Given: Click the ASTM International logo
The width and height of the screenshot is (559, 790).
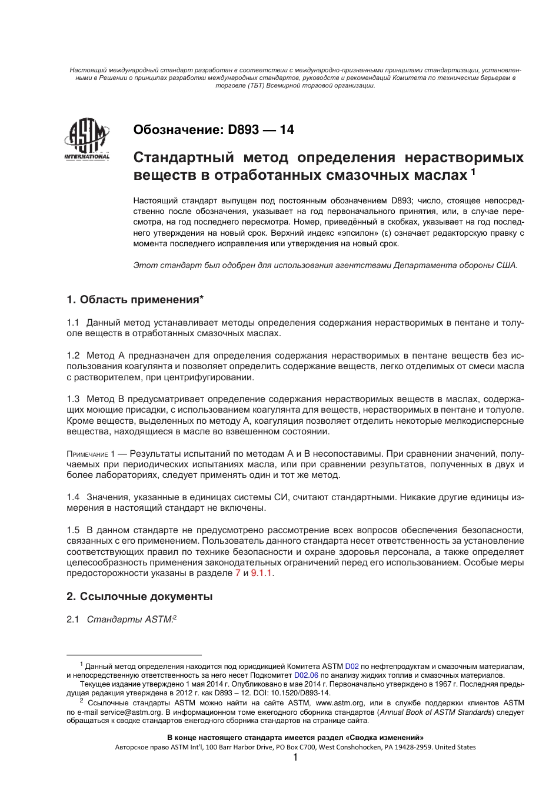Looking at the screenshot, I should point(86,140).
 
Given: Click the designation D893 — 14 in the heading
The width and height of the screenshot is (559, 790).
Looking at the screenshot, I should point(259,130).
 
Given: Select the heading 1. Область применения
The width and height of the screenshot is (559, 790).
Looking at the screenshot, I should point(135,300).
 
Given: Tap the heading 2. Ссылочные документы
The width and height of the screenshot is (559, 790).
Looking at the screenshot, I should point(139,597).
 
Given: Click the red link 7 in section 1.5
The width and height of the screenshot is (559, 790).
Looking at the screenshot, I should point(238,573).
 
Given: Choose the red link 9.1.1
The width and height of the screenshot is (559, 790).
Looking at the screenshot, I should point(262,573).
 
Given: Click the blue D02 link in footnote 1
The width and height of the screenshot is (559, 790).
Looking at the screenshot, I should point(352,666).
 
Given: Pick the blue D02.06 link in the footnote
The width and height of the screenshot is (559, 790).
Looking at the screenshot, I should point(306,675).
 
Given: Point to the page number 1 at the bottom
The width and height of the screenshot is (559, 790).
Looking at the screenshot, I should point(295,758).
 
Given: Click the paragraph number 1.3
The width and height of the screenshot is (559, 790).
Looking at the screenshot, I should point(73,399).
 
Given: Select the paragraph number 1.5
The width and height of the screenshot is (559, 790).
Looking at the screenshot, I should point(73,530).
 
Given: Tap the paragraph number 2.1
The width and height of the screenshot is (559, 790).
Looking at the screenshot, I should point(73,619).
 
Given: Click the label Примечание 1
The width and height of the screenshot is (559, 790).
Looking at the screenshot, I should point(90,454).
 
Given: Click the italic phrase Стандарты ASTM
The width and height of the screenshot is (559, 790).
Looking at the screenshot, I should point(130,619).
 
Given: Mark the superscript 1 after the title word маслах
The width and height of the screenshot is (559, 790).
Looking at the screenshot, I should point(474,172).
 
